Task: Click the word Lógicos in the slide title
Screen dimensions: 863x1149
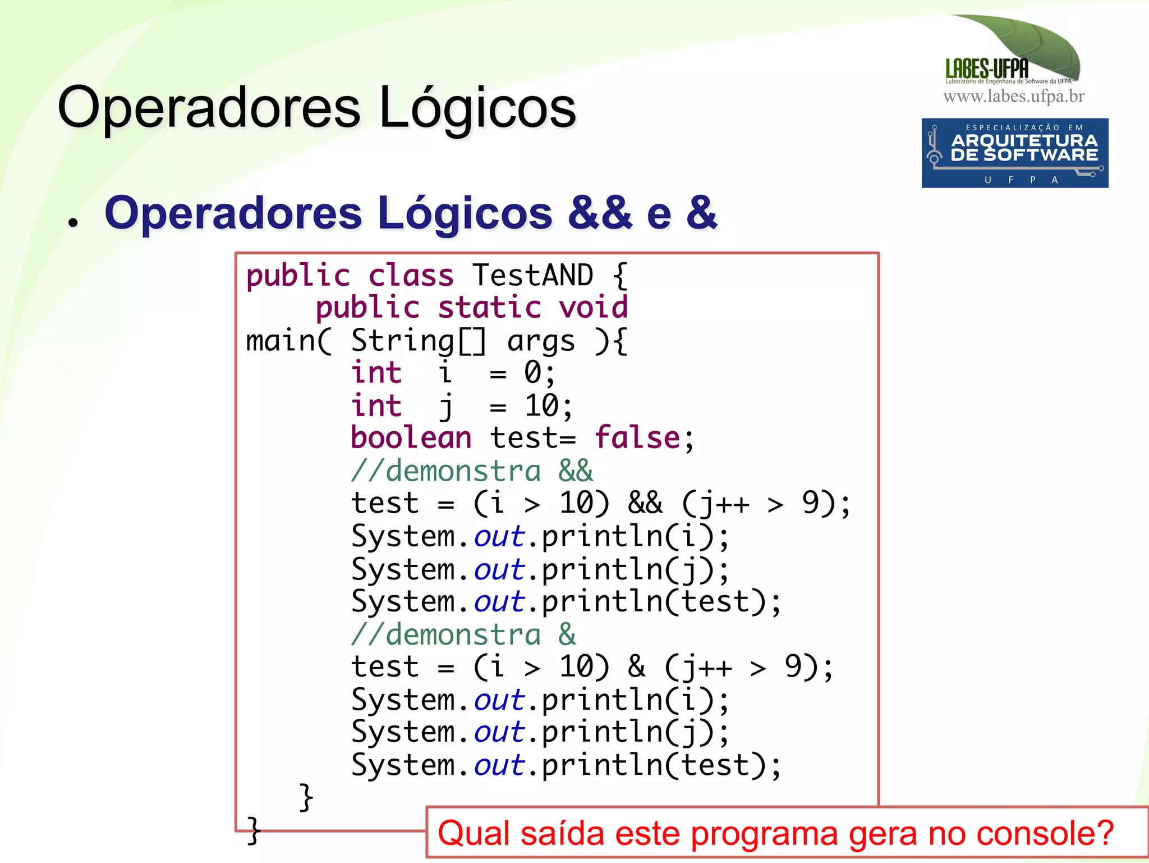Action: [x=477, y=108]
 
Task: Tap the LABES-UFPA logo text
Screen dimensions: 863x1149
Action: [x=987, y=69]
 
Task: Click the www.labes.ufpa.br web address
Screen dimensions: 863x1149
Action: [x=1013, y=97]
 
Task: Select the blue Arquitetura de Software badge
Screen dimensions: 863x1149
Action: [x=1014, y=153]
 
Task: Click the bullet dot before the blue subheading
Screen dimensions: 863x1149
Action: [x=72, y=221]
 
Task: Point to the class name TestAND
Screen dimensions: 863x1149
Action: [x=532, y=276]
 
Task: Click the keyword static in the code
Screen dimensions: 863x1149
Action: [x=489, y=308]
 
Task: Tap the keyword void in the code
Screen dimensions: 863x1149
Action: [x=593, y=308]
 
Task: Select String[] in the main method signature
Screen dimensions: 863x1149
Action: [x=419, y=341]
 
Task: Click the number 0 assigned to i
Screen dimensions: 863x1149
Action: [x=533, y=372]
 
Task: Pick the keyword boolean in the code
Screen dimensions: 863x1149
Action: [x=411, y=438]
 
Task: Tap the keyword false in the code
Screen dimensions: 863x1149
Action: [x=637, y=438]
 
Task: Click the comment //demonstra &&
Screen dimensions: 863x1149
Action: [x=471, y=471]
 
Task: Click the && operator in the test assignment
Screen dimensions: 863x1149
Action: [x=645, y=503]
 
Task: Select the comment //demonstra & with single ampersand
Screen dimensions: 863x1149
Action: [x=463, y=634]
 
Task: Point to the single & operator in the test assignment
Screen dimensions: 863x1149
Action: [x=636, y=666]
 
